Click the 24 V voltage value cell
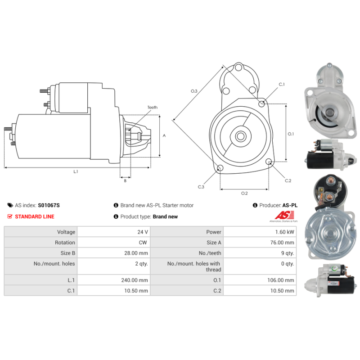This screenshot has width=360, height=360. [x=143, y=232]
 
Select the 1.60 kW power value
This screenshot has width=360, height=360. [x=285, y=232]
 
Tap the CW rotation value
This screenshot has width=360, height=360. [x=143, y=243]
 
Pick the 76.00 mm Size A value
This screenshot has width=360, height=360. [x=282, y=243]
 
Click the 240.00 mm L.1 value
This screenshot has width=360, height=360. [x=135, y=280]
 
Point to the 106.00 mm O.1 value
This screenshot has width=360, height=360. [x=280, y=280]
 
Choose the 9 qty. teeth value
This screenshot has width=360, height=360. [x=288, y=253]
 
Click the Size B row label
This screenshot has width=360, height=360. [x=68, y=253]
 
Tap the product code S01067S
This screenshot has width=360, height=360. [x=49, y=205]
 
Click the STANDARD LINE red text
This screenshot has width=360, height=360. [x=35, y=216]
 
